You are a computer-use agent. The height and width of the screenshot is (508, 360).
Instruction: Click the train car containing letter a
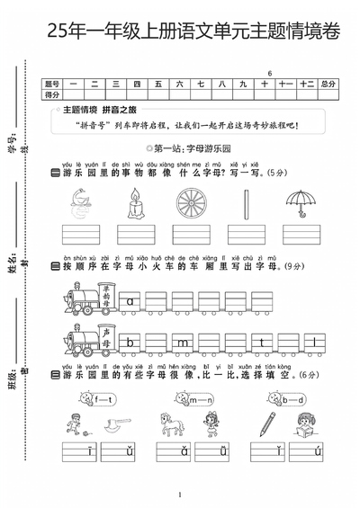click(x=131, y=302)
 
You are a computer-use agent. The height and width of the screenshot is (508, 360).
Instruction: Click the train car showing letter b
click(x=131, y=342)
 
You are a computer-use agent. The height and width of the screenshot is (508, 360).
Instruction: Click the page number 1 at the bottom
click(x=180, y=495)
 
